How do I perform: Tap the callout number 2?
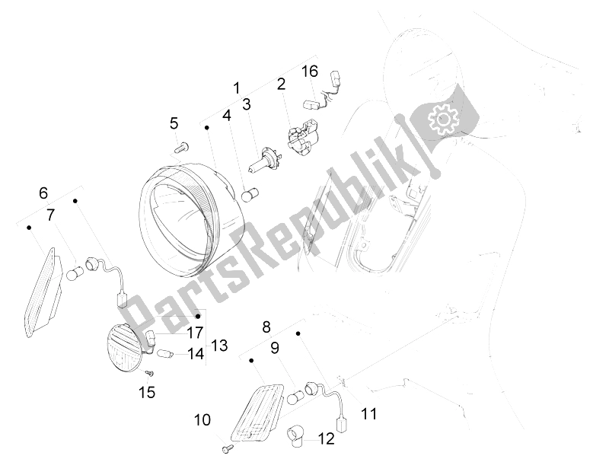click(x=281, y=84)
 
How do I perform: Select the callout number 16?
click(x=309, y=72)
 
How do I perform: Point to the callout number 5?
click(x=174, y=123)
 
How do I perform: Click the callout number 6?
click(x=43, y=193)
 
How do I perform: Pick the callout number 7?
click(x=50, y=215)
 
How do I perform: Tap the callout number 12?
click(x=325, y=438)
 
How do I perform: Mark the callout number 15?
click(x=147, y=392)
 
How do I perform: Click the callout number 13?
click(x=219, y=346)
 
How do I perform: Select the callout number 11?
click(x=369, y=414)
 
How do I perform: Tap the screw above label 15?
click(x=149, y=373)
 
